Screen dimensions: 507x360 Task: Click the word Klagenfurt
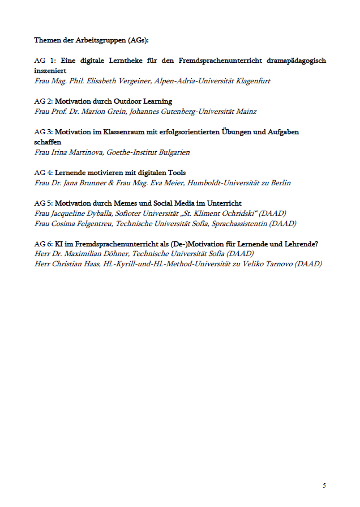tap(252, 81)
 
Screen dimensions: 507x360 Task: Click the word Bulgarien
tap(172, 152)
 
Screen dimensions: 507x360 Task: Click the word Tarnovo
tap(275, 265)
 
